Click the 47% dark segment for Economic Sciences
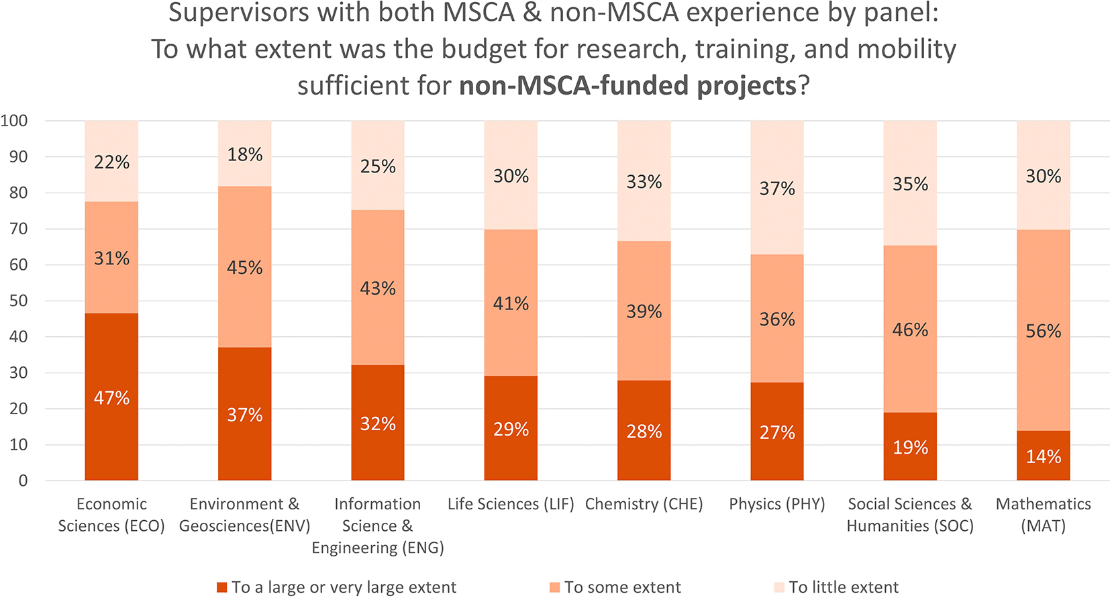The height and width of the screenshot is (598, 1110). pos(111,397)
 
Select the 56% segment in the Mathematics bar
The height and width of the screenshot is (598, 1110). pos(1043,330)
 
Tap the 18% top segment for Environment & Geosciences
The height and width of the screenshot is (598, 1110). pos(245,154)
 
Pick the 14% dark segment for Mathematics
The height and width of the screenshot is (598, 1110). pos(1043,455)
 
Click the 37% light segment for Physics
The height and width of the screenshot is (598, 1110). pos(777,188)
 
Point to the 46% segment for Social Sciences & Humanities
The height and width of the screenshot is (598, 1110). pos(910,329)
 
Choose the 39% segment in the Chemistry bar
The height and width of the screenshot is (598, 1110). pos(644,311)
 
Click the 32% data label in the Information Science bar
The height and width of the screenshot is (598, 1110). pos(378,424)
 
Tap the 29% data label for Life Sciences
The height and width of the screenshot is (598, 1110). pos(511,429)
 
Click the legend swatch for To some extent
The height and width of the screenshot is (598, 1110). pos(555,587)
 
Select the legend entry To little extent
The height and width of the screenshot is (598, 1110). pos(836,587)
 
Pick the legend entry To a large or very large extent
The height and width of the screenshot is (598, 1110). pos(337,587)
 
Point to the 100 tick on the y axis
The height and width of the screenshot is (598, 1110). pos(14,120)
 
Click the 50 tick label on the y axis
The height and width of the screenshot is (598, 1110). pos(19,301)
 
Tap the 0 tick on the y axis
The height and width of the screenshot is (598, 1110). pos(23,481)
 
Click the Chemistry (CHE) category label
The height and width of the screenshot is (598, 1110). pos(644,504)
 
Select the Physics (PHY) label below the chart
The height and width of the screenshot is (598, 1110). pos(777,504)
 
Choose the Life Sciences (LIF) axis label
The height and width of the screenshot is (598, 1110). pos(511,504)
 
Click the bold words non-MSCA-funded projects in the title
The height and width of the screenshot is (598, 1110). pos(628,85)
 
